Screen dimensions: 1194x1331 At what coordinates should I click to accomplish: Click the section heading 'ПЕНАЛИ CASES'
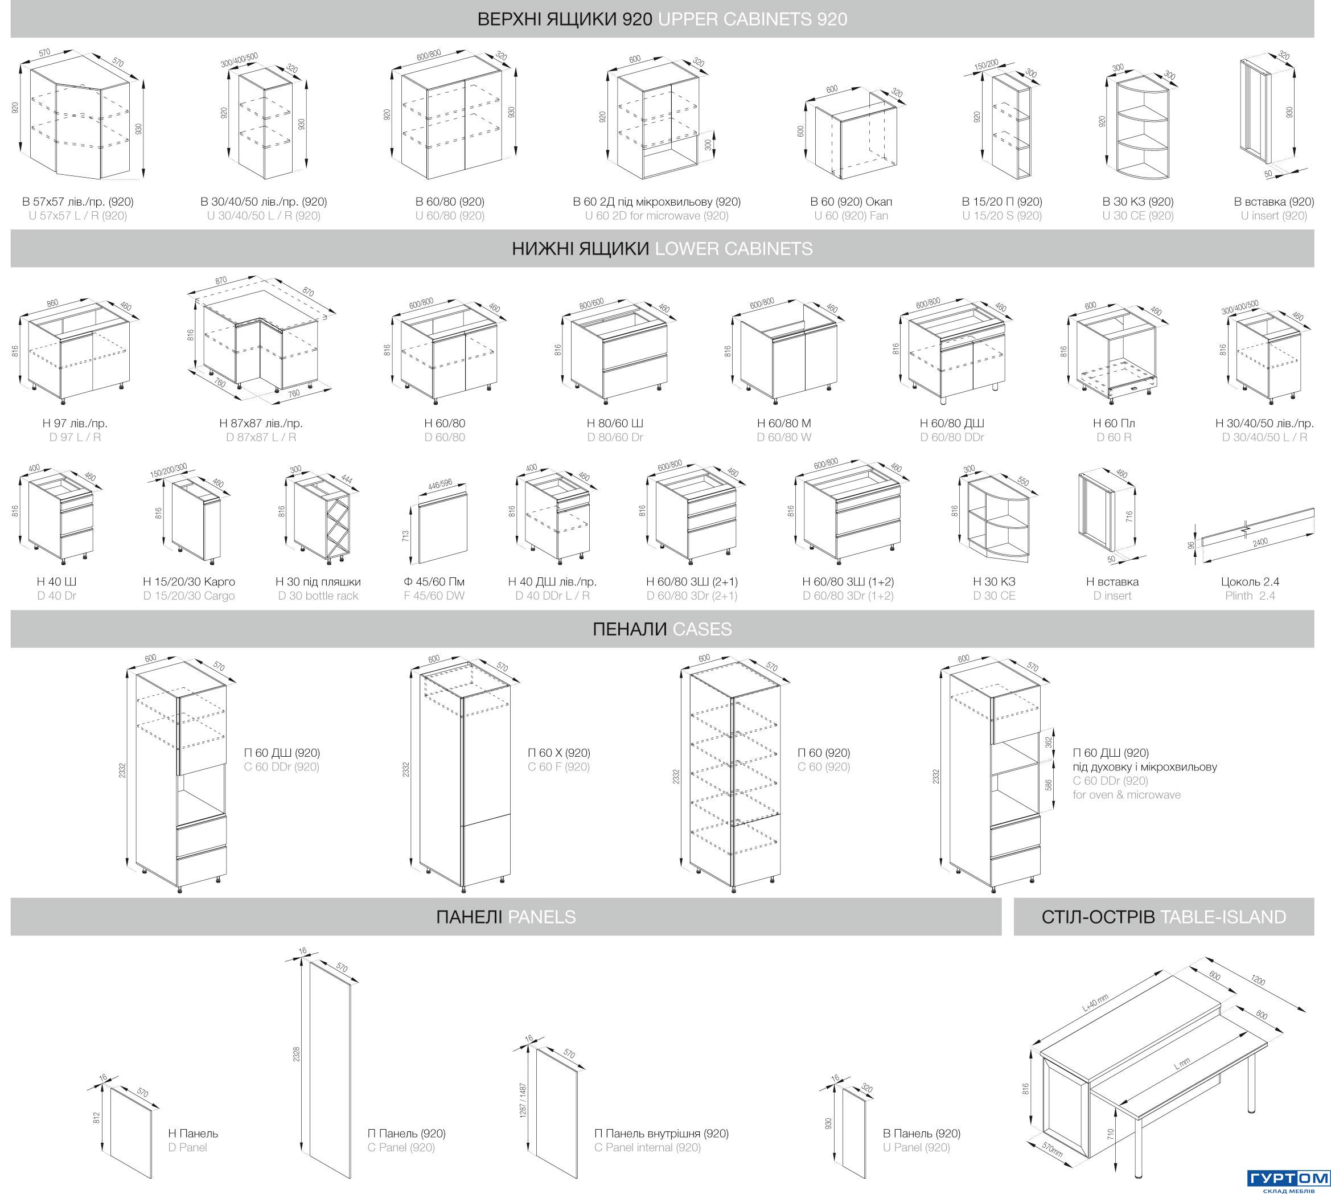click(x=662, y=629)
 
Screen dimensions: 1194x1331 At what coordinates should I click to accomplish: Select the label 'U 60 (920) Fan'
click(x=851, y=216)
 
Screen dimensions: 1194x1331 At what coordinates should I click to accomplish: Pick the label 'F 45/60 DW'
click(x=434, y=596)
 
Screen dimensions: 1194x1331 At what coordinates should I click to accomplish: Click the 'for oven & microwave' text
click(x=1126, y=794)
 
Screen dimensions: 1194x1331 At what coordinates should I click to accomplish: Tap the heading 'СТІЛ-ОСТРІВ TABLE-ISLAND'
click(x=1164, y=917)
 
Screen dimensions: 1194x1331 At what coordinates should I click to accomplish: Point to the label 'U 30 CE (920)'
click(x=1137, y=216)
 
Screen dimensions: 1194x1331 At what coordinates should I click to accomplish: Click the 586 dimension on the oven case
click(x=1048, y=785)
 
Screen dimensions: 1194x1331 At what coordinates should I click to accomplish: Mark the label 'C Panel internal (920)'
click(x=647, y=1147)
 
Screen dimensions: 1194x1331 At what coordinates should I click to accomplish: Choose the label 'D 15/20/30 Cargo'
click(x=189, y=596)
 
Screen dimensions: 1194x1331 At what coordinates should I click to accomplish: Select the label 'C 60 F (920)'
click(x=558, y=767)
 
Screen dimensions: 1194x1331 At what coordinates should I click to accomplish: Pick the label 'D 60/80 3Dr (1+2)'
click(x=848, y=596)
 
